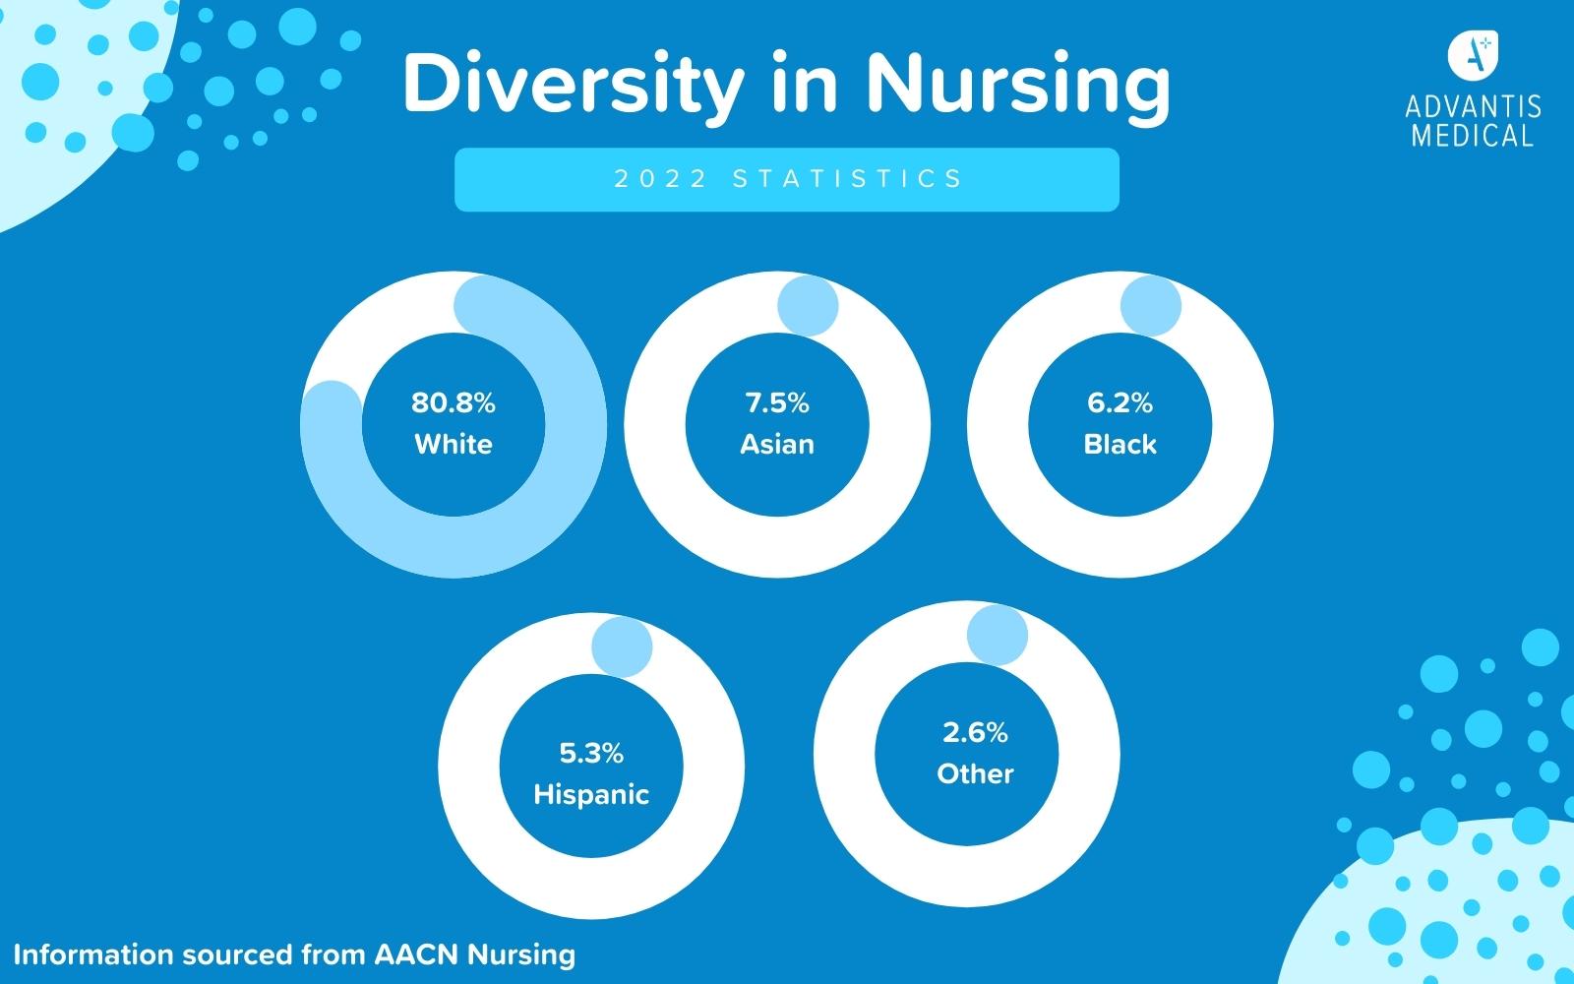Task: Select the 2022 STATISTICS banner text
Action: point(787,179)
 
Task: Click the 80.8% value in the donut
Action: point(453,402)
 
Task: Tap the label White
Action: point(453,444)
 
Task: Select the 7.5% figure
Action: point(777,402)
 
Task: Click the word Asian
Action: point(777,444)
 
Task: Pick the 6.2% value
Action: point(1120,402)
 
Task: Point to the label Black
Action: point(1120,444)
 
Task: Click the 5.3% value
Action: point(591,754)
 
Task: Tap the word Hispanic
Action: point(591,794)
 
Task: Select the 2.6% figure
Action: point(975,733)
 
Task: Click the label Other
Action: point(975,773)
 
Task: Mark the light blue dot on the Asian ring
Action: point(808,306)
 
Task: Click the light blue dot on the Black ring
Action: point(1151,306)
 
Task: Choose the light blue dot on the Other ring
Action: point(998,635)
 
